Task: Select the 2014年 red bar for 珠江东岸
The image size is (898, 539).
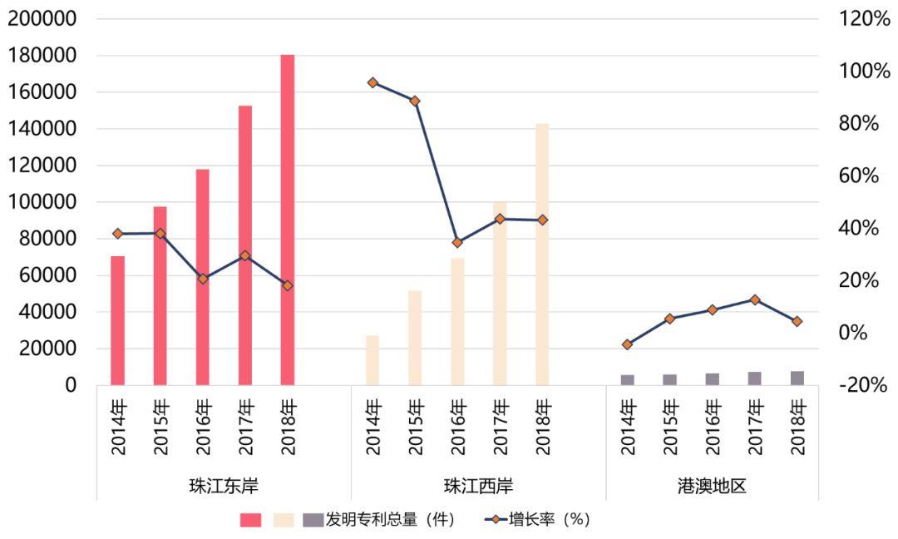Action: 117,320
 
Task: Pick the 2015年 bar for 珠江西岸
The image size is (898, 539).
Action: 415,338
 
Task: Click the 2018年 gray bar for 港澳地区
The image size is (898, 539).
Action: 797,378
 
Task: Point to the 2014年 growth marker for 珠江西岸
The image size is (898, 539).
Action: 373,82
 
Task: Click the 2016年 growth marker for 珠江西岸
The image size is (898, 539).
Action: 457,243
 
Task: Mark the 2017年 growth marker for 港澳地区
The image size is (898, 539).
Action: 754,299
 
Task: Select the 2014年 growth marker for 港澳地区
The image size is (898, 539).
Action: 627,344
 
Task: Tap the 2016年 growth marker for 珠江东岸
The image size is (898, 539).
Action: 202,279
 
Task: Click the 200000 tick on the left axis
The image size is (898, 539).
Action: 42,19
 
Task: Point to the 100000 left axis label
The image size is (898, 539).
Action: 42,202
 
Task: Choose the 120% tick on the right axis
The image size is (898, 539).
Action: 866,19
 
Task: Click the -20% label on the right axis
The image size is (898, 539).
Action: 866,385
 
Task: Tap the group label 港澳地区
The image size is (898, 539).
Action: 712,485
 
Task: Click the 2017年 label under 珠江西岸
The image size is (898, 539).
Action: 500,427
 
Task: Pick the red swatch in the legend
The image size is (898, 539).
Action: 250,520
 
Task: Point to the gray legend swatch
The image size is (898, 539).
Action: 312,520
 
